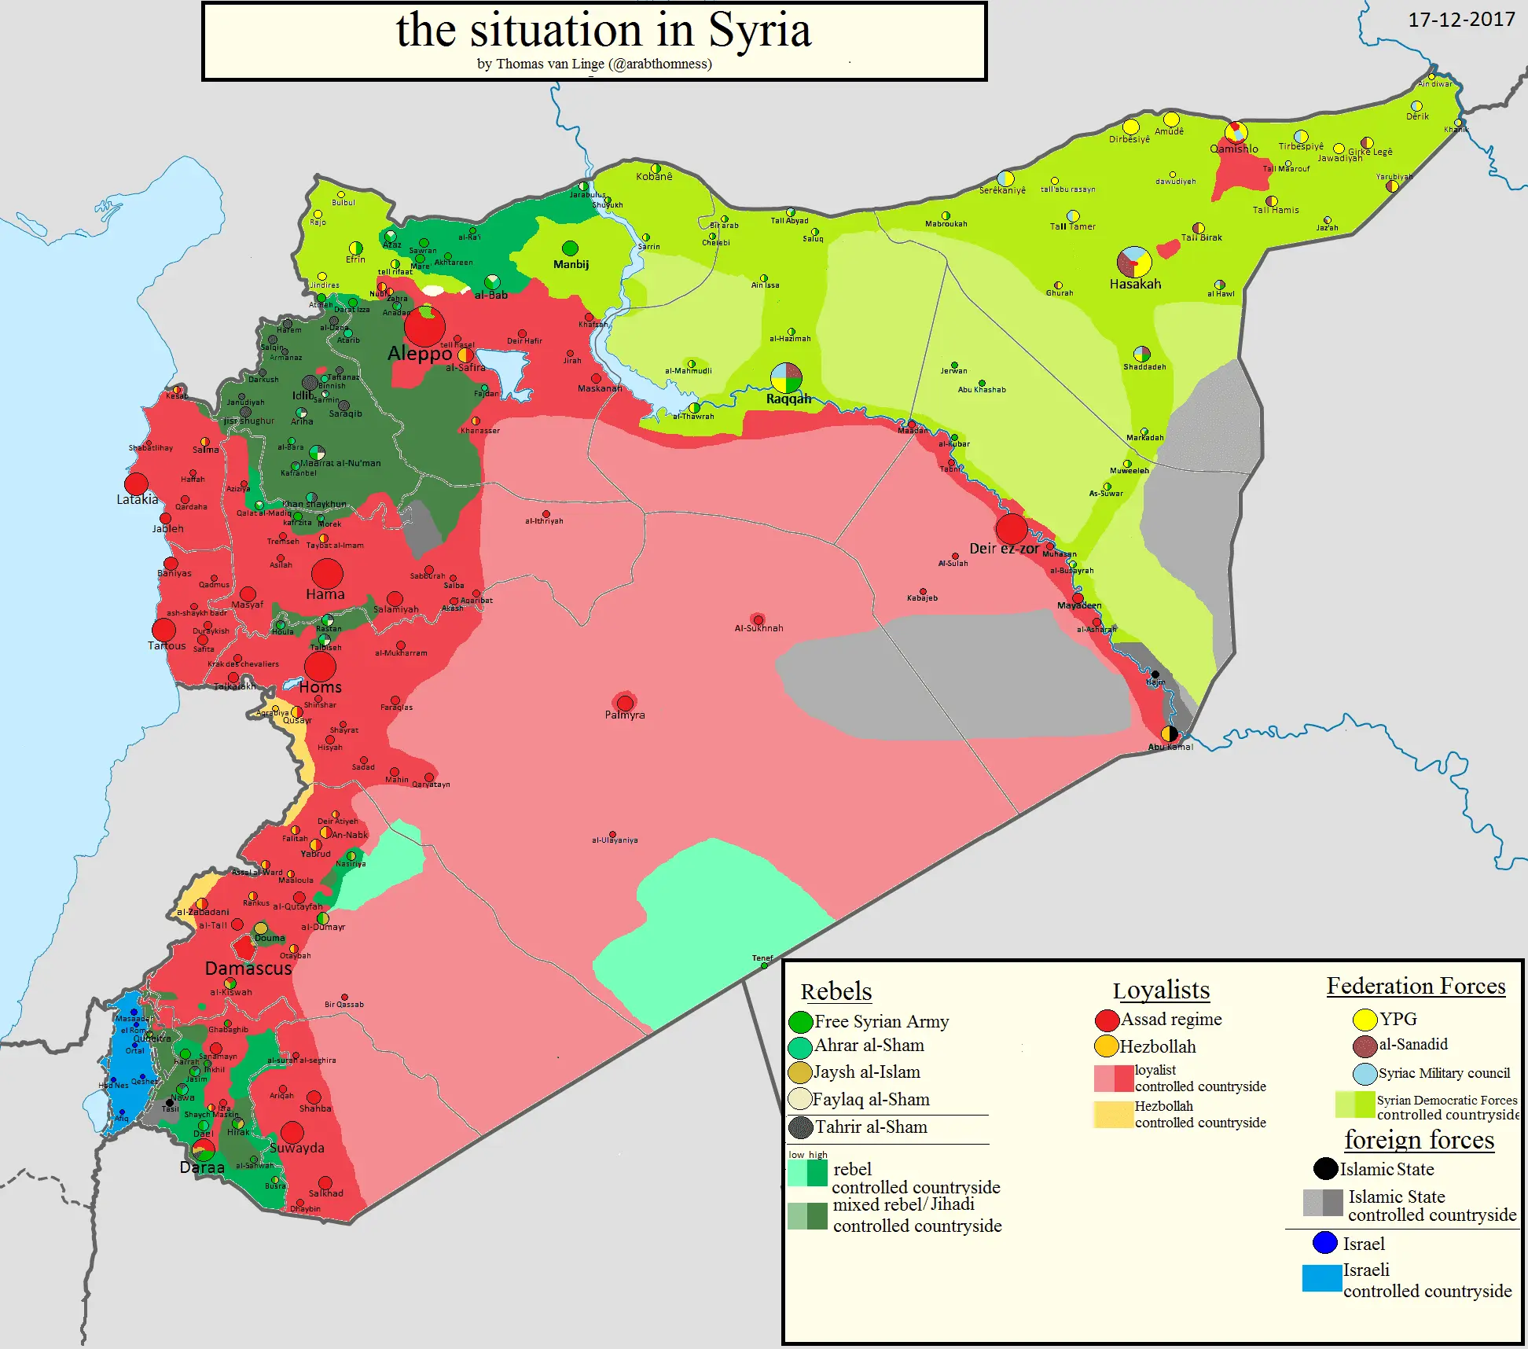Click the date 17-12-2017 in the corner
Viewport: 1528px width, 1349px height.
point(1461,20)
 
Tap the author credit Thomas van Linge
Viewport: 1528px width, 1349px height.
point(550,64)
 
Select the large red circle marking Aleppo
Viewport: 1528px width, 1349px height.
point(424,327)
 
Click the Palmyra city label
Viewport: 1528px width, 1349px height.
point(625,715)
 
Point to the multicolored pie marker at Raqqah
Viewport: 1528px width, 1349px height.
point(786,378)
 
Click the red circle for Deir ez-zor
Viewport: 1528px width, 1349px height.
point(1012,528)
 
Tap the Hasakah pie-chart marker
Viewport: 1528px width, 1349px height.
point(1134,263)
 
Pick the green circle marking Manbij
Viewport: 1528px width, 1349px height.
point(570,249)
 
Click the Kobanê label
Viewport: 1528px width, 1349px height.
point(654,177)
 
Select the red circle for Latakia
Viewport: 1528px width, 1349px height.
point(137,483)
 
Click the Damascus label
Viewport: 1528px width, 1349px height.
point(248,969)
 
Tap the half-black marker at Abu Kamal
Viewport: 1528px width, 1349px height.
point(1170,734)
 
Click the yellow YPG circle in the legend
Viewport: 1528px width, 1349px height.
point(1365,1020)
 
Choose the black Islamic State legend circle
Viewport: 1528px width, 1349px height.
point(1325,1169)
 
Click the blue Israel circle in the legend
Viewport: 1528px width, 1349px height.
point(1325,1243)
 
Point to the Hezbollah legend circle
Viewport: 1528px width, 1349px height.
point(1107,1046)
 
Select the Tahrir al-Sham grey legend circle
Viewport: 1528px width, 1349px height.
point(800,1127)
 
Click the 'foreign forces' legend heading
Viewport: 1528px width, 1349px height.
point(1419,1140)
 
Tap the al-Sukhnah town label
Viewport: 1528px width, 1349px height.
point(758,628)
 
